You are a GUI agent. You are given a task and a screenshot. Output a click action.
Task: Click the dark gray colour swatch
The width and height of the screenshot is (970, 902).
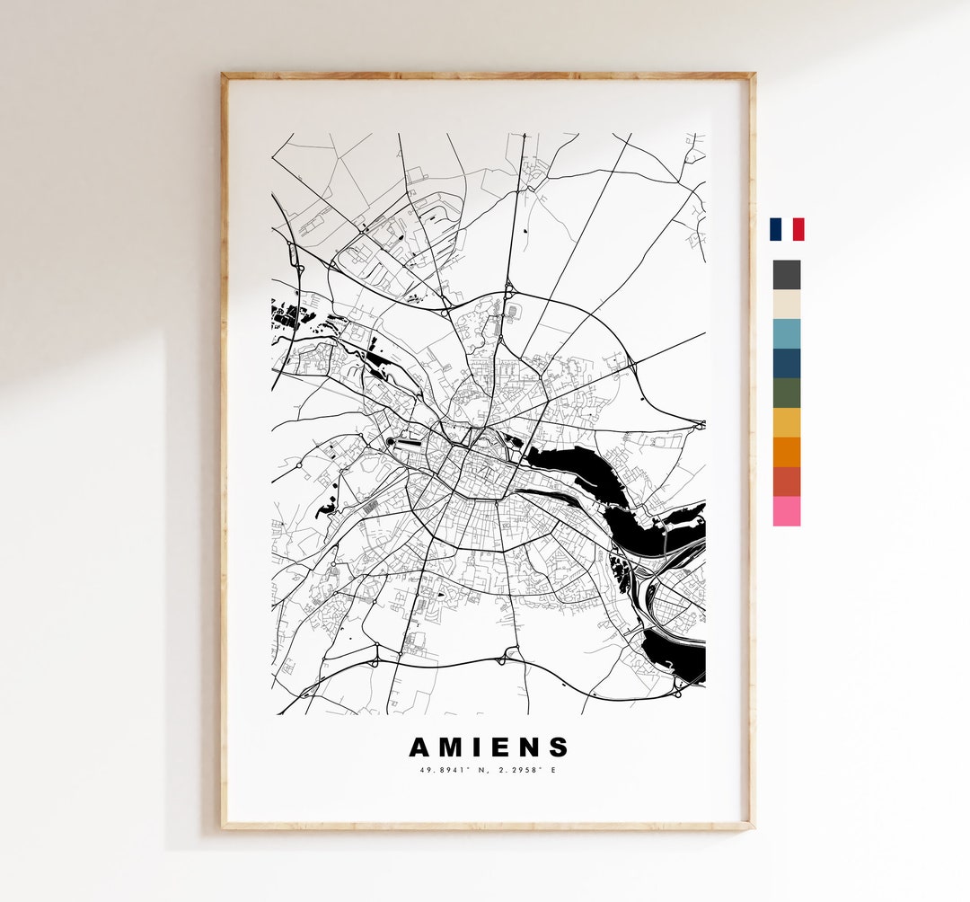pos(786,275)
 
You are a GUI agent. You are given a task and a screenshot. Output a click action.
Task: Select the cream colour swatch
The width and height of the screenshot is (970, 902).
pos(786,304)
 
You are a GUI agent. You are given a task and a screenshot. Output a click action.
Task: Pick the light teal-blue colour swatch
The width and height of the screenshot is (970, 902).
pos(786,333)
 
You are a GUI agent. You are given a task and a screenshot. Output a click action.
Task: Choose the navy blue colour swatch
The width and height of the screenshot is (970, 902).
pos(786,363)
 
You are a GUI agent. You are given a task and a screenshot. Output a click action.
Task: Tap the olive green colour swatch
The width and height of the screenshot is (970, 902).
pos(786,393)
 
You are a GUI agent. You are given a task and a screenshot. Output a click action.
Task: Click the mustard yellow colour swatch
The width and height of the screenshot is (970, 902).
pos(786,422)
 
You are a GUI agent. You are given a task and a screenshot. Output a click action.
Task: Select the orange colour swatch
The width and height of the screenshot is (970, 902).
pos(786,452)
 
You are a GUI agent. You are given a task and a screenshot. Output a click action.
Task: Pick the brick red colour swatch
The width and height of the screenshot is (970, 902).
pos(786,482)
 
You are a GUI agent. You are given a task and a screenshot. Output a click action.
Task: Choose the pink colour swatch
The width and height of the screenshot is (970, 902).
pos(786,511)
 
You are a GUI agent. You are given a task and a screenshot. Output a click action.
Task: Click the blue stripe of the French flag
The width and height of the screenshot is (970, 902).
pos(775,229)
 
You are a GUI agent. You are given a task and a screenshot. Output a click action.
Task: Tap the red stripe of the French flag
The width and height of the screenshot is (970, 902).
pos(798,229)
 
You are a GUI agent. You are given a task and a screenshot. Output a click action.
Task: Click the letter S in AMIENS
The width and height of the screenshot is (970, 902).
pos(559,747)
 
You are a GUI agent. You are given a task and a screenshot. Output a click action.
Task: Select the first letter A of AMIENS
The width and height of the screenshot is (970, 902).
pos(420,747)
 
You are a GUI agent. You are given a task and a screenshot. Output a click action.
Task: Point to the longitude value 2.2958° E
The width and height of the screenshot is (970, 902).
pos(525,770)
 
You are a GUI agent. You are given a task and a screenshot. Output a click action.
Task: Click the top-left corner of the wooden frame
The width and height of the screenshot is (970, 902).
pos(224,75)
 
